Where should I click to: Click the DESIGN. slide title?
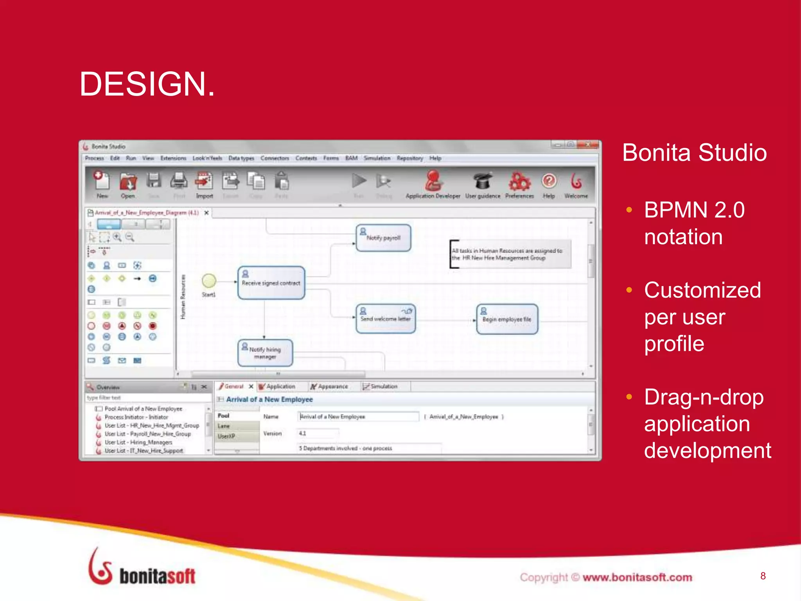pos(147,84)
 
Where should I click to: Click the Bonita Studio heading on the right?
pos(694,153)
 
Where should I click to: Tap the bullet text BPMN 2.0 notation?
pos(694,223)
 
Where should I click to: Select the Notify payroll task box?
pos(383,238)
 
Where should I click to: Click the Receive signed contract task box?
pos(271,283)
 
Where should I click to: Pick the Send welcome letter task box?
pos(385,318)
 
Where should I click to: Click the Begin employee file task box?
pos(507,319)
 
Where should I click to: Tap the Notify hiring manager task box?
pos(265,353)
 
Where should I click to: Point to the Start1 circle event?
pos(209,281)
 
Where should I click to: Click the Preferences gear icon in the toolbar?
pos(519,182)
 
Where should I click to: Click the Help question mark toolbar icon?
pos(549,181)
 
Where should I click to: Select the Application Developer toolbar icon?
pos(433,181)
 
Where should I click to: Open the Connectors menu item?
pos(275,158)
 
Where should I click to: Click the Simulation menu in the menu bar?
pos(377,158)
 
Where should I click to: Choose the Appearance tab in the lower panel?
pos(332,387)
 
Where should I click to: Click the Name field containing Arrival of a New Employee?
pos(358,417)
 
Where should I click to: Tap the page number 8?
pos(763,576)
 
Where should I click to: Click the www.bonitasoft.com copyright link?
pos(637,577)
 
